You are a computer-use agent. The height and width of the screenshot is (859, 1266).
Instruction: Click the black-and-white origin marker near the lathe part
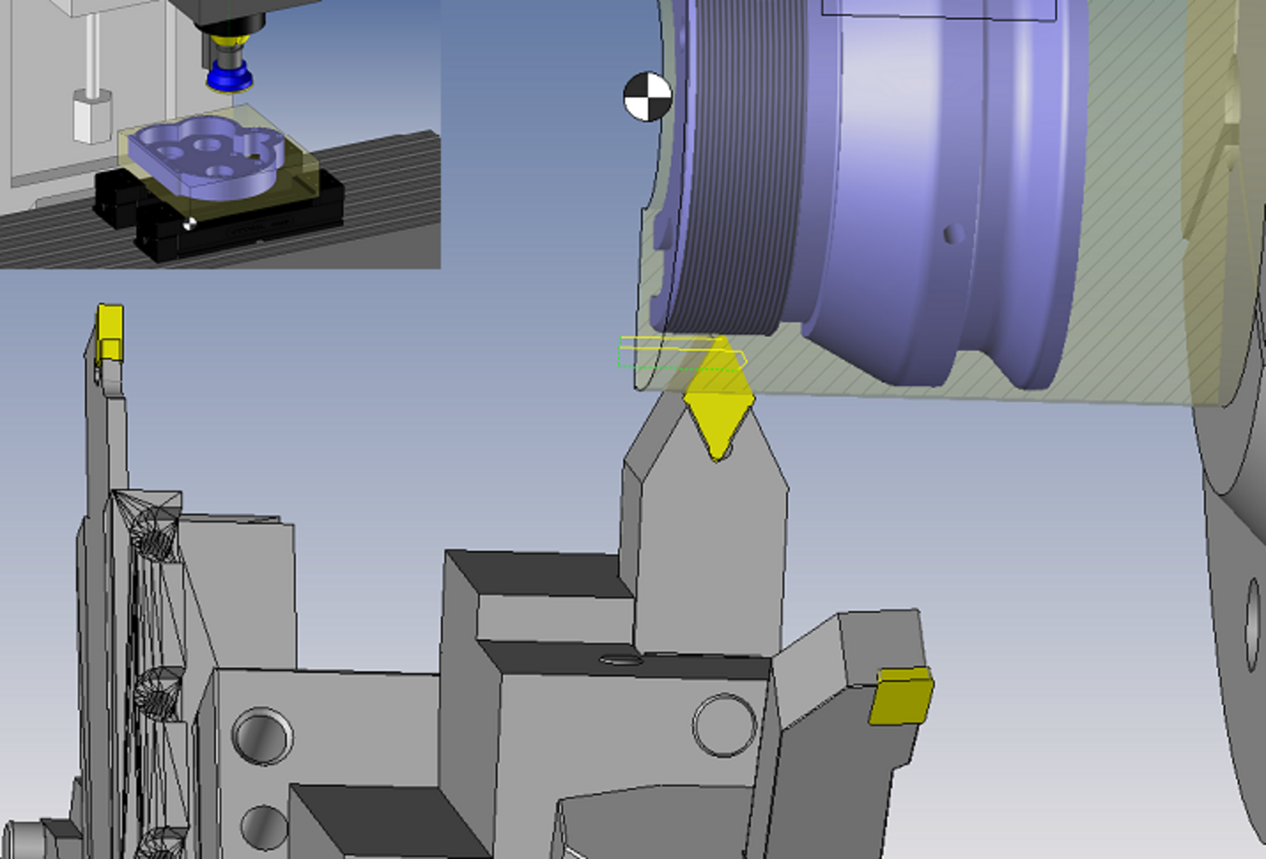coord(648,97)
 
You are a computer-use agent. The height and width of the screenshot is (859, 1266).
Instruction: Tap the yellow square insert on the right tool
coord(901,696)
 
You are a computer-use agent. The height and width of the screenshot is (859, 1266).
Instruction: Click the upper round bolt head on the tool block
coord(262,736)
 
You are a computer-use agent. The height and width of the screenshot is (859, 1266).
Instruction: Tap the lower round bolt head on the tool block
coord(264,827)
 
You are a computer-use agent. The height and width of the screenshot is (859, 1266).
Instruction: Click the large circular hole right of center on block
coord(724,725)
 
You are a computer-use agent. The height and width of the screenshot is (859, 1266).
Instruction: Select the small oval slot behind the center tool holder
coord(620,659)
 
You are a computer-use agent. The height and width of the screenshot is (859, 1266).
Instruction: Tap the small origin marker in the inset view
coord(189,224)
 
